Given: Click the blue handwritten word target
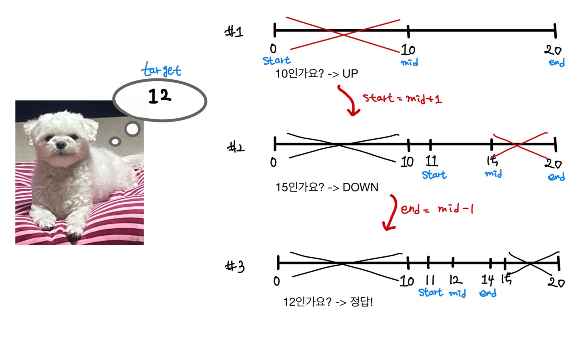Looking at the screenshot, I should pos(161,70).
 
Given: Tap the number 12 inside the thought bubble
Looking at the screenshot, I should pos(160,96).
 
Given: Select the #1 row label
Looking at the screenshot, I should pos(234,31).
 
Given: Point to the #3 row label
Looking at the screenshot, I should pos(235,266).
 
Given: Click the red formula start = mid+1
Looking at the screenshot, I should pos(402,98).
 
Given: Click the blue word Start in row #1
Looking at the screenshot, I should pos(276,61).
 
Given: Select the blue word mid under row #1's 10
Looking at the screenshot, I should pos(410,62).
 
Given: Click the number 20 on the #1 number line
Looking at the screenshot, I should pos(553,50).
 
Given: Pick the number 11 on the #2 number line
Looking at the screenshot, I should pos(432,161).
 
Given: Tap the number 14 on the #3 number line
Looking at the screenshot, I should pos(488,279).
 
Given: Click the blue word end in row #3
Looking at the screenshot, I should pos(488,293).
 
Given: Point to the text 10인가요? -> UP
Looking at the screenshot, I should pos(316,74).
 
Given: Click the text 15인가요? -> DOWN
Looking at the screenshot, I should pos(326,187).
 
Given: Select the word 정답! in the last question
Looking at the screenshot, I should pos(362,302).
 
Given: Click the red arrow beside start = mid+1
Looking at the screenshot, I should pos(348,101).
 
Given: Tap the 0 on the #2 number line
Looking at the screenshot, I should pos(274,162).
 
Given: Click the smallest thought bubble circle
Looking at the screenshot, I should pos(115,141).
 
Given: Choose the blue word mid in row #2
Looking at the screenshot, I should pos(493,174).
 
